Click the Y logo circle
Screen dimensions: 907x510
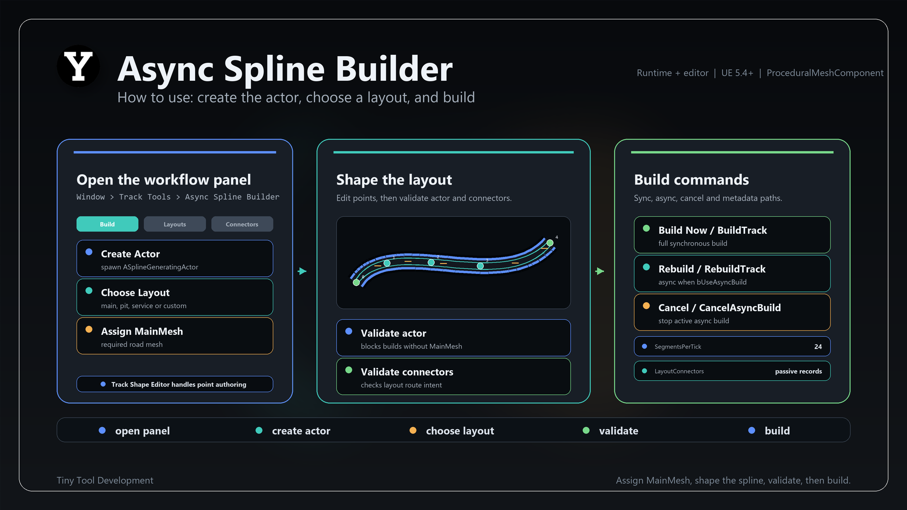[78, 66]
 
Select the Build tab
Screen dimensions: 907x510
[107, 224]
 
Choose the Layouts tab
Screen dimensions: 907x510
[175, 224]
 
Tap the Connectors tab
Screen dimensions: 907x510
[242, 224]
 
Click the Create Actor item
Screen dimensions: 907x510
[175, 258]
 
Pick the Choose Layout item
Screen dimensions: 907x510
[175, 297]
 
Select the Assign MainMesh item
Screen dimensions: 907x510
[175, 336]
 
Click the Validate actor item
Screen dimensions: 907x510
[453, 338]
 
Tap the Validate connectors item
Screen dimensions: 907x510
[453, 376]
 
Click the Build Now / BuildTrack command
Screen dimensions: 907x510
[732, 235]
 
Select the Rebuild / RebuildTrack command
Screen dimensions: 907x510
[732, 273]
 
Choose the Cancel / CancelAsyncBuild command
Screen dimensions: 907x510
[732, 312]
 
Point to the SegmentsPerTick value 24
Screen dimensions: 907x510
[818, 347]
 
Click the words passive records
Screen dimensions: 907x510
[798, 371]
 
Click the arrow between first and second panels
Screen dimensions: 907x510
[302, 271]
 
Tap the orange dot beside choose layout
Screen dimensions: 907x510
[413, 430]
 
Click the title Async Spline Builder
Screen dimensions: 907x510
[285, 69]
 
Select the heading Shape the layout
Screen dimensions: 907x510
[394, 180]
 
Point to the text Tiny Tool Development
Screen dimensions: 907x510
[105, 480]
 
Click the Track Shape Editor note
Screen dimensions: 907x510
[175, 384]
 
